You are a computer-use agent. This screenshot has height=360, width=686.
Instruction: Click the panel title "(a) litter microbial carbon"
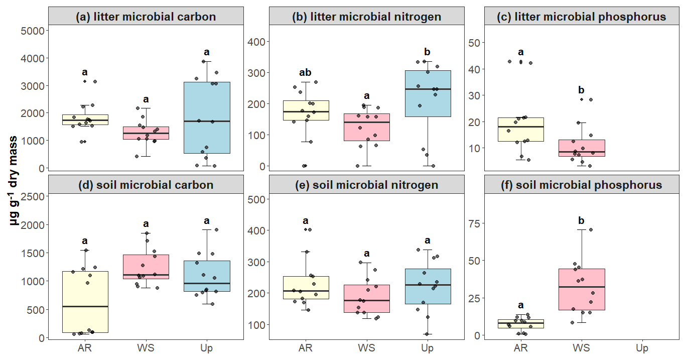coord(146,17)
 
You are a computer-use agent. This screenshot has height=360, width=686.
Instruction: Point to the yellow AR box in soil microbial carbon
coord(85,302)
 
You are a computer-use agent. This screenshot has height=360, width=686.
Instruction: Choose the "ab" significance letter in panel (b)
coord(305,73)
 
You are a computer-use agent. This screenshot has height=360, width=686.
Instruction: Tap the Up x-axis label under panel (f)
coord(642,348)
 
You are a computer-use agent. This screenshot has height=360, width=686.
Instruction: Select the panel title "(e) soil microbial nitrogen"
coord(366,185)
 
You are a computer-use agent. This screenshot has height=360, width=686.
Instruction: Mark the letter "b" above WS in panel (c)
coord(581,90)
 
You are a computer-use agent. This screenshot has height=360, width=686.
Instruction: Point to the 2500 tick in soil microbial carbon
coord(34,196)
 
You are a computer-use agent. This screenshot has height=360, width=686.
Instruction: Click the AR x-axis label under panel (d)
coord(85,348)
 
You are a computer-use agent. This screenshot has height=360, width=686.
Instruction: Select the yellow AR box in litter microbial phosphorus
coord(520,129)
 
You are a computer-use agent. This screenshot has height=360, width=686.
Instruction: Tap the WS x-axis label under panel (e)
coord(366,348)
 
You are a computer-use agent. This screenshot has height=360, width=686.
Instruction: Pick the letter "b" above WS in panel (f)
coord(581,221)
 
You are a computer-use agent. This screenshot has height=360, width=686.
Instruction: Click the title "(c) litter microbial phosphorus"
coord(582,17)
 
